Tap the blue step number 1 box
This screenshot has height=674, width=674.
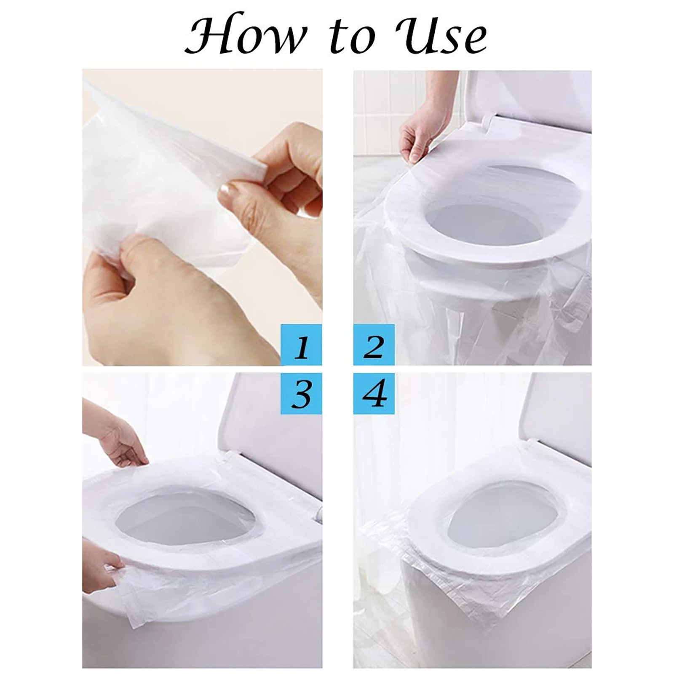pyautogui.click(x=301, y=345)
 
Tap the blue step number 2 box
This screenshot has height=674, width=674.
pyautogui.click(x=374, y=345)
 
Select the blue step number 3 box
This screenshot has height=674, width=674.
pyautogui.click(x=301, y=393)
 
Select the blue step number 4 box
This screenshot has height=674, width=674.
pyautogui.click(x=374, y=393)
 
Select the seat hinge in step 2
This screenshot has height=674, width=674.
pyautogui.click(x=489, y=120)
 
